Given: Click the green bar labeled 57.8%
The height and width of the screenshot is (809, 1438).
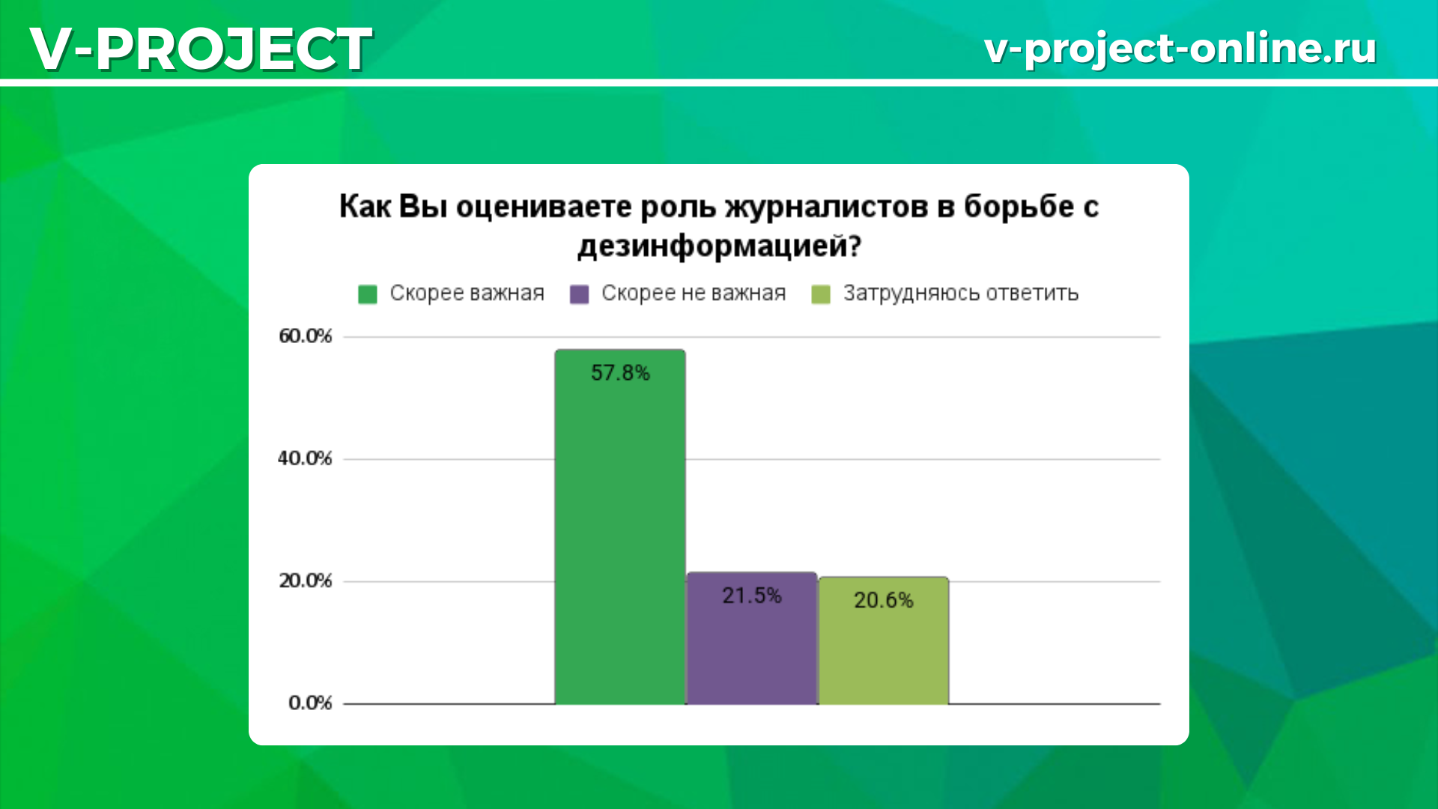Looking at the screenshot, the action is click(620, 527).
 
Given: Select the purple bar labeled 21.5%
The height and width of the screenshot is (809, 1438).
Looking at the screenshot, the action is click(752, 638).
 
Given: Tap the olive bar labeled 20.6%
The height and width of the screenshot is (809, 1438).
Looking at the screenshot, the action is click(884, 640).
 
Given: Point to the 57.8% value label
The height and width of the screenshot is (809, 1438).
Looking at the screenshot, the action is click(620, 373).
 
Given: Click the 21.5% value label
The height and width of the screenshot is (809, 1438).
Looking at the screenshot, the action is click(752, 596).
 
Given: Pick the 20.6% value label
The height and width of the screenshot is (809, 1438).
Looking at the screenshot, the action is click(884, 600).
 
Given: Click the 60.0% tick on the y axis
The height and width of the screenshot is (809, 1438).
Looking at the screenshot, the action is click(305, 336).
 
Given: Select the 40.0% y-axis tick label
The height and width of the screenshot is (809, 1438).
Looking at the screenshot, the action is click(305, 458).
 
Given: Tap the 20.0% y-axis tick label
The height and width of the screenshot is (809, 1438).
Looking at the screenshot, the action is click(305, 581).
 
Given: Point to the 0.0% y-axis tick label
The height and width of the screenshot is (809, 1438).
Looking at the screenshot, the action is click(310, 703).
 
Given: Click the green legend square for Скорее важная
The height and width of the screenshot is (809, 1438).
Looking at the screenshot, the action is click(368, 294).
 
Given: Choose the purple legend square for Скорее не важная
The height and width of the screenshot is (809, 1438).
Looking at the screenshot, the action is click(580, 294).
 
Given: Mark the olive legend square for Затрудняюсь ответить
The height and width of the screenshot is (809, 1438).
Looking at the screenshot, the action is click(822, 294).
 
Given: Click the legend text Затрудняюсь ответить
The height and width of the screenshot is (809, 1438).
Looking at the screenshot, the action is click(961, 293).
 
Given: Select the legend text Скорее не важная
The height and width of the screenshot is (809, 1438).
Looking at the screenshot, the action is click(694, 293).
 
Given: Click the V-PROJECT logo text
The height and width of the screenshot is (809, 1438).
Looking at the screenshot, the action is click(201, 49).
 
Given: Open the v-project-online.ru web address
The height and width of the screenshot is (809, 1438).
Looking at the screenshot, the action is click(1180, 49).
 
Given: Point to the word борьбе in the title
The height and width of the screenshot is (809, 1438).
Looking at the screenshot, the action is click(1019, 207).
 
